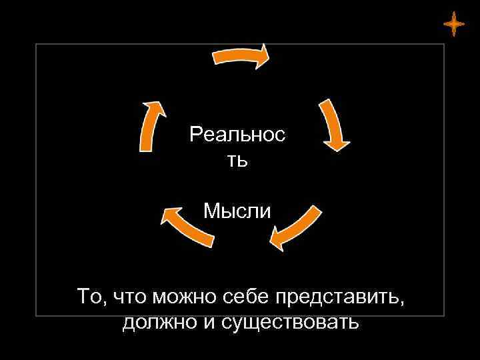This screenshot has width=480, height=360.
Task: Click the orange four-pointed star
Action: (453, 24)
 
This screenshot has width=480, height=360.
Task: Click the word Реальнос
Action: (237, 135)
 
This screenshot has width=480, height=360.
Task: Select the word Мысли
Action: (237, 211)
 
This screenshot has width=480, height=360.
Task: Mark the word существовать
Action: (287, 323)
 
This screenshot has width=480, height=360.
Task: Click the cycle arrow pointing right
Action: (241, 55)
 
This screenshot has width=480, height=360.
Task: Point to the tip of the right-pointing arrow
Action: (269, 53)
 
